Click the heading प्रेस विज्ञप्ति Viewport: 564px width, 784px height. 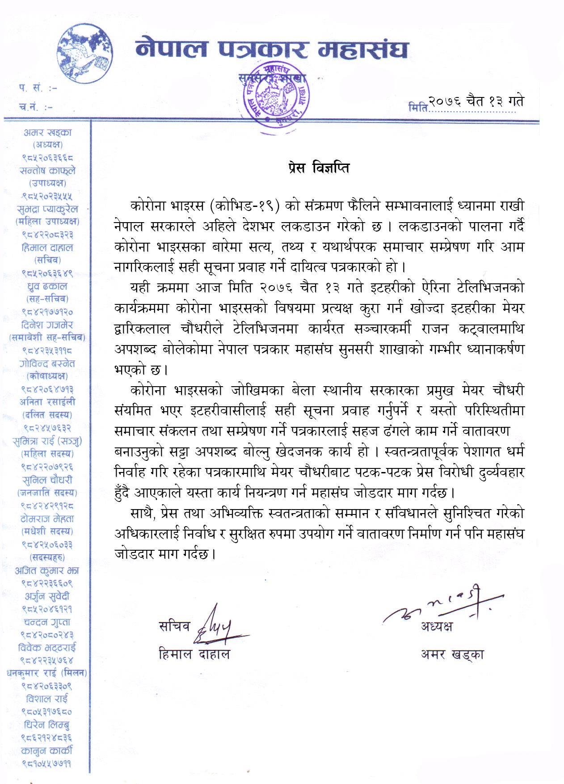point(318,168)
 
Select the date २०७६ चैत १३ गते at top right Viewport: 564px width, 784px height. point(476,101)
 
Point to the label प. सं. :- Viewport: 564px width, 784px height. point(38,88)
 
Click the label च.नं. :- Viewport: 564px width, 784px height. point(39,107)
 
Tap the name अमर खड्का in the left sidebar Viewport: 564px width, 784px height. point(47,132)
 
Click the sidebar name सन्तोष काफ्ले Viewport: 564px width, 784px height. point(47,171)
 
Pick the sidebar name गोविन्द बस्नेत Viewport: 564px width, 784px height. point(47,364)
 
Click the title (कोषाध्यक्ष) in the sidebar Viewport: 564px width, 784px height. point(47,376)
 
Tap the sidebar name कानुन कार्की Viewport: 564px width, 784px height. point(47,750)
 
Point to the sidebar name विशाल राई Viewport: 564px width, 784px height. point(47,699)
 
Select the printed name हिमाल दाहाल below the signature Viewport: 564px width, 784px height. point(194,654)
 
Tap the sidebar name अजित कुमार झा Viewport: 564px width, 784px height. point(47,570)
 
